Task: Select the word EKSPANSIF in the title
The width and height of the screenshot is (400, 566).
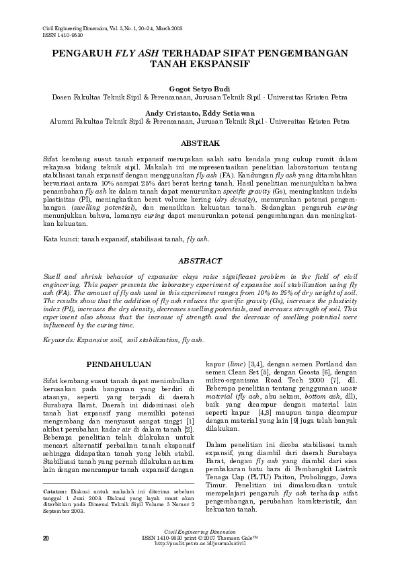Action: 222,65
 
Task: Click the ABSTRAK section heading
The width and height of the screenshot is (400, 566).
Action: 200,144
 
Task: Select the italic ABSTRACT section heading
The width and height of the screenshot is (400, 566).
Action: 200,260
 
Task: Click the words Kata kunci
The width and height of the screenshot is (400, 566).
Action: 58,239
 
